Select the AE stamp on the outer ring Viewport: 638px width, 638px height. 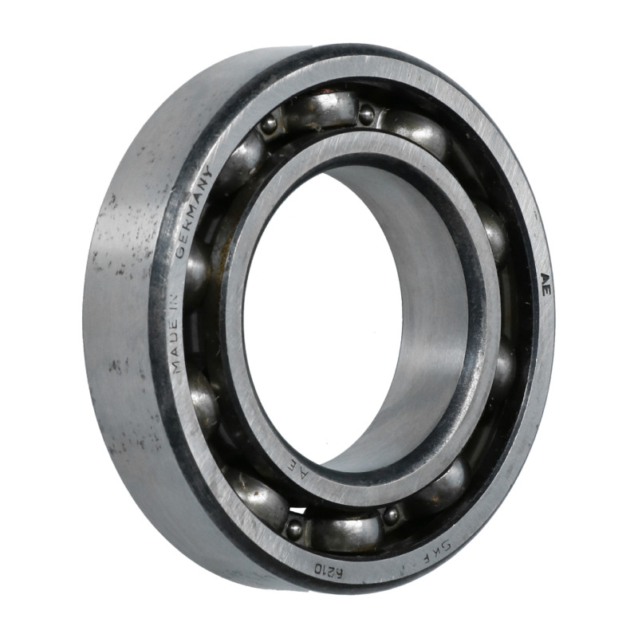pyautogui.click(x=545, y=284)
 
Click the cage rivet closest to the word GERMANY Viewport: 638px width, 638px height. pyautogui.click(x=270, y=124)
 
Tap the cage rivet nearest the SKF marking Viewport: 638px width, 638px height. pyautogui.click(x=391, y=515)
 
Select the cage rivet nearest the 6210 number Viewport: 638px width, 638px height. pyautogui.click(x=295, y=526)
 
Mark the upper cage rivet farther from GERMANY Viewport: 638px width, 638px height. pyautogui.click(x=366, y=114)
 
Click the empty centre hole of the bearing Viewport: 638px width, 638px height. pyautogui.click(x=319, y=319)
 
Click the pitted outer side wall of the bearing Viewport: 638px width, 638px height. pyautogui.click(x=120, y=319)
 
